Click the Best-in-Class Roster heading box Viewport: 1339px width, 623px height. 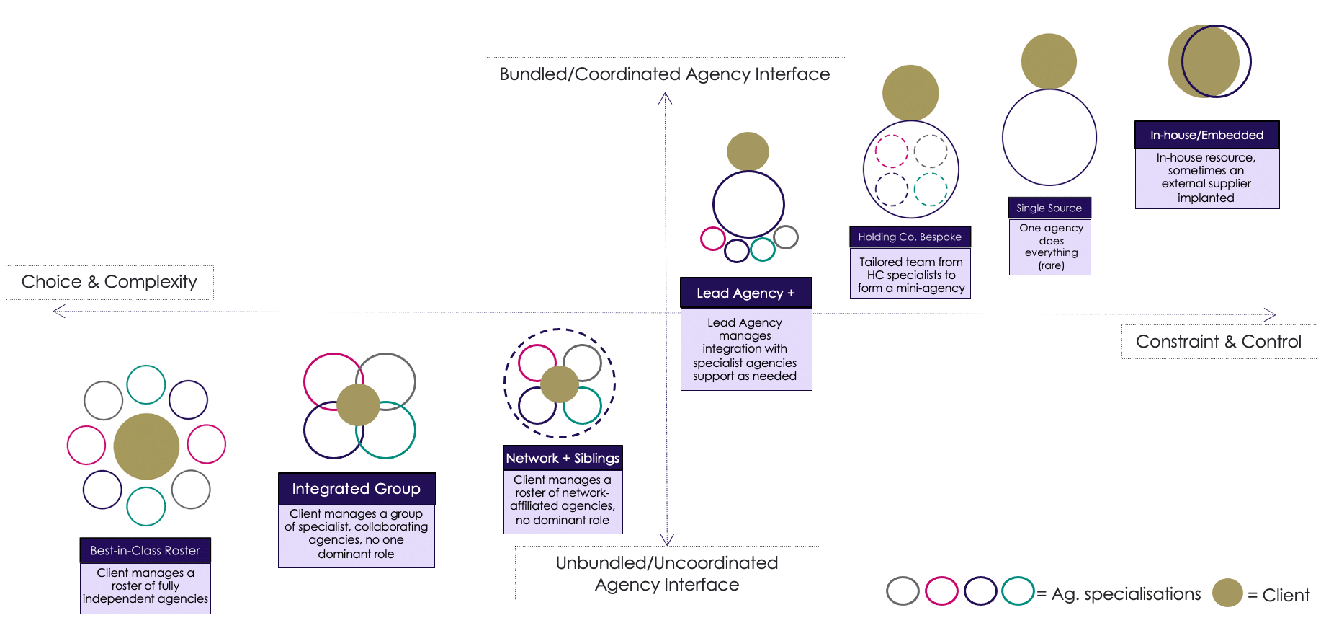pyautogui.click(x=145, y=550)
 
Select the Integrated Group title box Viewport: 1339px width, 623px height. pyautogui.click(x=357, y=489)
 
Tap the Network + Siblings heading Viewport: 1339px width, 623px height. pyautogui.click(x=563, y=458)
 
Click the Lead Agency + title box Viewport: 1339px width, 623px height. pyautogui.click(x=745, y=293)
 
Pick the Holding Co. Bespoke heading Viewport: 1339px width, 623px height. pyautogui.click(x=910, y=237)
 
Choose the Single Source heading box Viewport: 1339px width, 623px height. pyautogui.click(x=1049, y=208)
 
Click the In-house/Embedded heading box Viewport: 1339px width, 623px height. pyautogui.click(x=1206, y=135)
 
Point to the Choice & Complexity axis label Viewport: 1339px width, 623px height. pyautogui.click(x=109, y=282)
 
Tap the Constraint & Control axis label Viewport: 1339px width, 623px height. pyautogui.click(x=1219, y=342)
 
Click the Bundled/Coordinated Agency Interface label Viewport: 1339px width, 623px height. pyautogui.click(x=665, y=74)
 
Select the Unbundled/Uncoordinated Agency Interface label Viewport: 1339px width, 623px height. pyautogui.click(x=667, y=573)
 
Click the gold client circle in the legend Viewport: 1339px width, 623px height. pyautogui.click(x=1227, y=593)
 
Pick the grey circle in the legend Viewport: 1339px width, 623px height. pyautogui.click(x=903, y=591)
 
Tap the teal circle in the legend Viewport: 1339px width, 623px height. pyautogui.click(x=1018, y=591)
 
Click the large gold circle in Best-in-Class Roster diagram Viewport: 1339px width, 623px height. pyautogui.click(x=146, y=446)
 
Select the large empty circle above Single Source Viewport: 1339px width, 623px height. pyautogui.click(x=1049, y=137)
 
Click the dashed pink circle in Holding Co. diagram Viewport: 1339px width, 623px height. pyautogui.click(x=891, y=151)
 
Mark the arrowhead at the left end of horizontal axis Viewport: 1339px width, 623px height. pyautogui.click(x=58, y=311)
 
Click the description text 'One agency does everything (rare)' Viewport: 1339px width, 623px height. pyautogui.click(x=1050, y=247)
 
